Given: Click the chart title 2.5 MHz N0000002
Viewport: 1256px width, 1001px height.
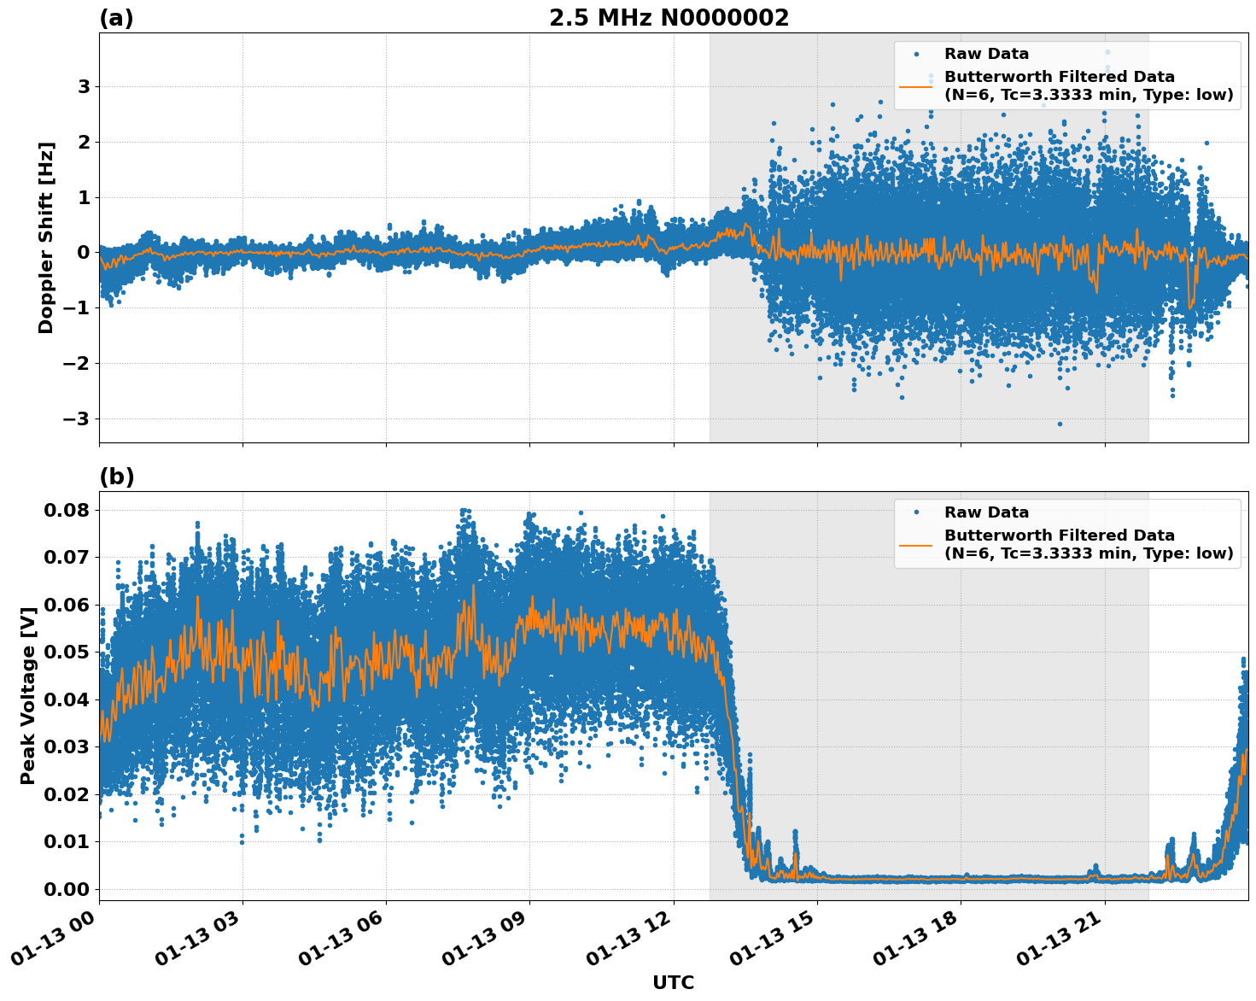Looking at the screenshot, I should (x=669, y=18).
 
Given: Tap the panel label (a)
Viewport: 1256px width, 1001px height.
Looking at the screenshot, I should (x=116, y=18).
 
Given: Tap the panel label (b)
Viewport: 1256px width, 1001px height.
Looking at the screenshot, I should (x=116, y=477).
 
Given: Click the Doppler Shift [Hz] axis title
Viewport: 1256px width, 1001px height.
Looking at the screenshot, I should (x=46, y=237).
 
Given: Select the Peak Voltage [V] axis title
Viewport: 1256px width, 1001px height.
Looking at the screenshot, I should (x=28, y=695).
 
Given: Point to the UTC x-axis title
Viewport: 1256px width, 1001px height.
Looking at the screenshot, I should (x=673, y=982).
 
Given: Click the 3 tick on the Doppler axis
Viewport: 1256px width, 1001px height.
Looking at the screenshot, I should (x=84, y=87).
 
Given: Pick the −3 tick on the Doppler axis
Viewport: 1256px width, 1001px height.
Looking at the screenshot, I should (x=78, y=419).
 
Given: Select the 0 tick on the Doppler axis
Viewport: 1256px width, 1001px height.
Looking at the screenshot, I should (x=84, y=253).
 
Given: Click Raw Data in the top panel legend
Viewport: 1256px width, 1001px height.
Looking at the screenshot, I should (x=986, y=54).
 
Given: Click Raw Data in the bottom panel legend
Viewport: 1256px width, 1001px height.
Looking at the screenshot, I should (x=986, y=512).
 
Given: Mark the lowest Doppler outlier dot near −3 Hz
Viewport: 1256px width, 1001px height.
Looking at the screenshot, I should (x=1060, y=424).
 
